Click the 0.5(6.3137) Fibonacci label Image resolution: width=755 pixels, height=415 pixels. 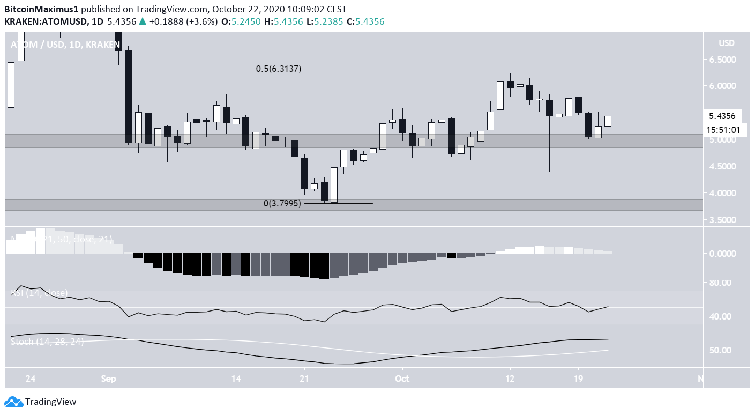click(x=278, y=69)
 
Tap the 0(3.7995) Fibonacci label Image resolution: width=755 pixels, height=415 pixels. click(x=282, y=204)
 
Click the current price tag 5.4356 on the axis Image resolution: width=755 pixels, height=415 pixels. click(x=722, y=116)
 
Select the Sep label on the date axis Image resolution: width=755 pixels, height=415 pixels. click(x=109, y=378)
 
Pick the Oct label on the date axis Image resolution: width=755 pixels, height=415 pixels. click(x=401, y=378)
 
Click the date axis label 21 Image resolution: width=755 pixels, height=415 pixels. click(x=304, y=378)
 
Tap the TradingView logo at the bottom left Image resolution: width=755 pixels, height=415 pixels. click(x=41, y=402)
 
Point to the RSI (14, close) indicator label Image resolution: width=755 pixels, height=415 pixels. click(x=39, y=293)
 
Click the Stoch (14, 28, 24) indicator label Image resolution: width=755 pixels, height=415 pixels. click(x=47, y=342)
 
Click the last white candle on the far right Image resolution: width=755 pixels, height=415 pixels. click(x=608, y=121)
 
